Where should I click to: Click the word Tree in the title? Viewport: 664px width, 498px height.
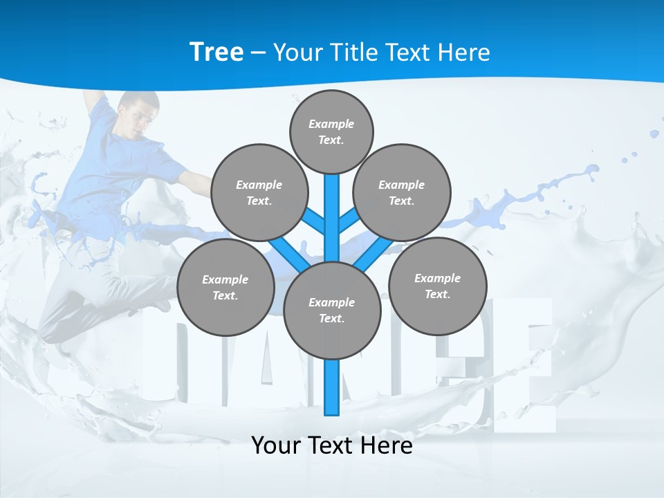(216, 52)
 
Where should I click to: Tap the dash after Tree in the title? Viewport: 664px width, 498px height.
(258, 53)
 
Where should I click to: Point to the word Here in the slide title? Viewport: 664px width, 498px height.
(464, 52)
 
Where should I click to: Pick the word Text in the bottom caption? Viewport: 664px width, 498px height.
(332, 445)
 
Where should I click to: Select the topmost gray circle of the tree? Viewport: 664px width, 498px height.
(331, 131)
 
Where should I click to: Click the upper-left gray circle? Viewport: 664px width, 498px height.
(259, 192)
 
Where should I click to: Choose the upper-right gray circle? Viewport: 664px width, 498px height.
(402, 192)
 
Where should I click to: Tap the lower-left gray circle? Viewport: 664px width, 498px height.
(225, 287)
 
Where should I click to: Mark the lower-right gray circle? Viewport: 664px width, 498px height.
(438, 286)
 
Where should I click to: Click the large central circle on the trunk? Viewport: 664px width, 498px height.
(332, 310)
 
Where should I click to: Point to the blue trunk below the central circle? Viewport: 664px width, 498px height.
(332, 387)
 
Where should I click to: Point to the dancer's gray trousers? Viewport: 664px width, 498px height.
(76, 304)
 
